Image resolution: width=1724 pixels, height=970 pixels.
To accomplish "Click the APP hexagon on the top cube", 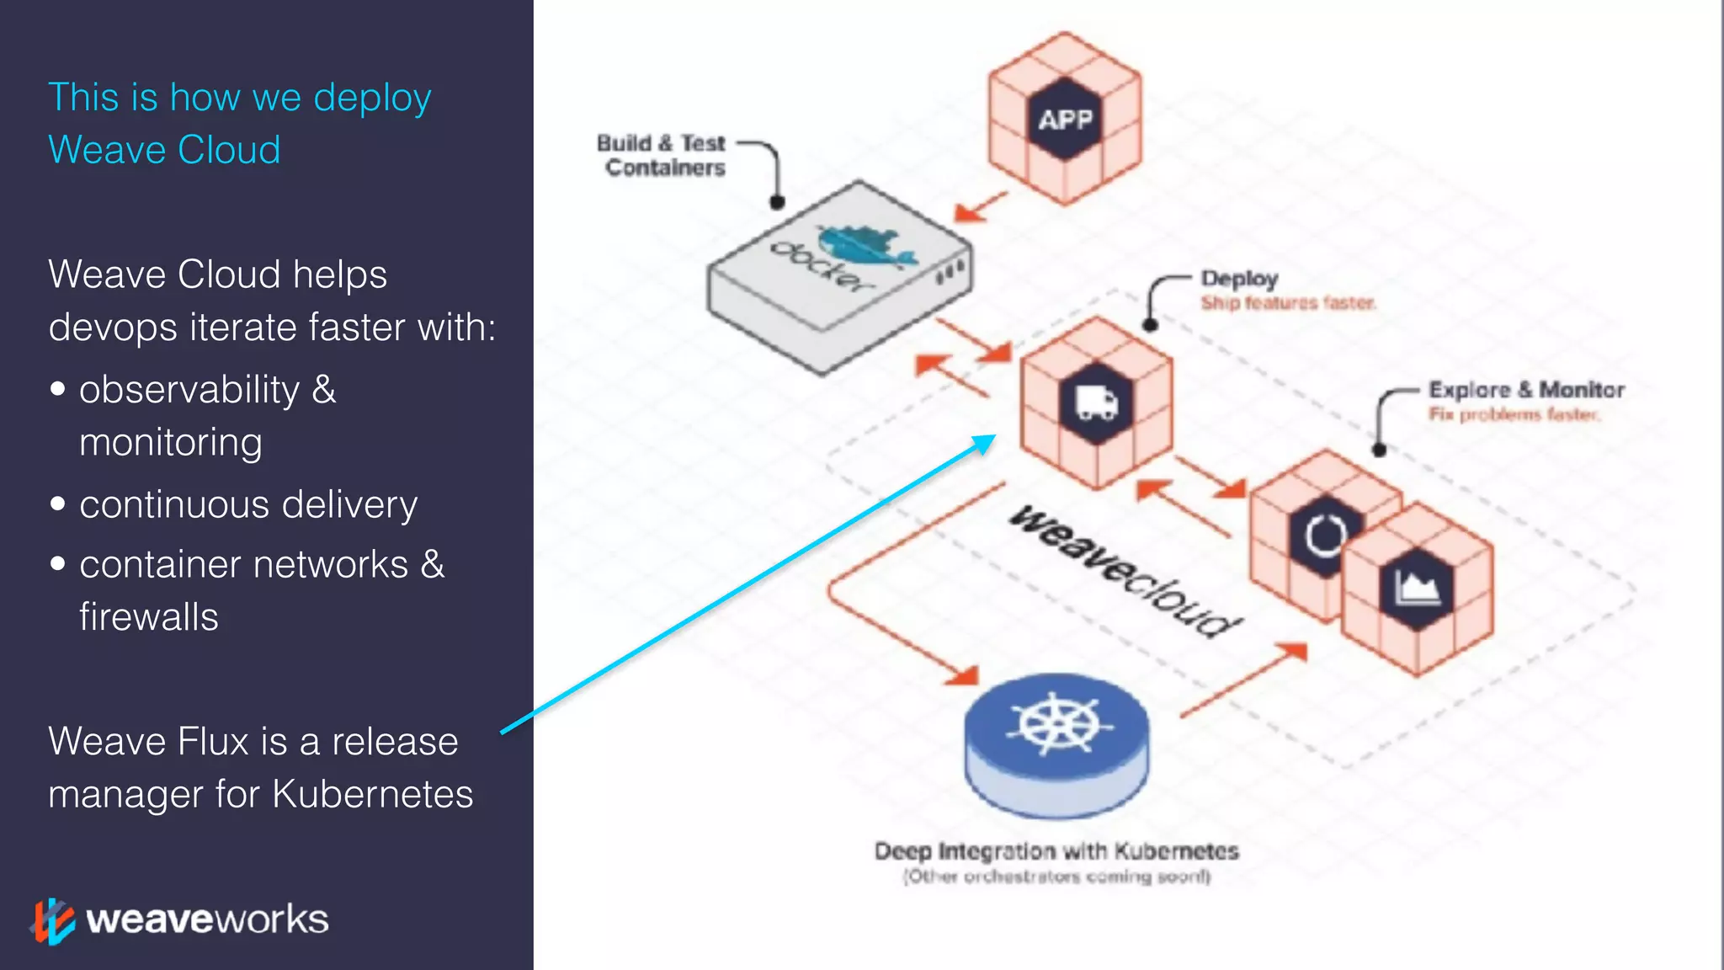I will point(1065,120).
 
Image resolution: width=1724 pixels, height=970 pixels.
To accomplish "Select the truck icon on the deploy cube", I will point(1097,402).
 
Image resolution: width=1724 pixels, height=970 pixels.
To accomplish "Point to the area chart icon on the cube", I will point(1418,588).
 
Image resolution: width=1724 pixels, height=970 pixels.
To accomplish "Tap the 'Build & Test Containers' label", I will point(662,156).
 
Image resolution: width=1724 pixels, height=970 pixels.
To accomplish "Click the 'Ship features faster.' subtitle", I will point(1288,302).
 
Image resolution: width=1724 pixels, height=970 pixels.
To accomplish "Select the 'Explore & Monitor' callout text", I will point(1526,390).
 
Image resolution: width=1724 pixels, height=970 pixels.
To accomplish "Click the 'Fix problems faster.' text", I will point(1514,414).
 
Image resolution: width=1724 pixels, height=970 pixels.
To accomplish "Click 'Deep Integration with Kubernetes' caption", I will point(1056,851).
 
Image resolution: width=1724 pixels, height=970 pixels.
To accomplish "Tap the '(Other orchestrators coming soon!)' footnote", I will point(1056,877).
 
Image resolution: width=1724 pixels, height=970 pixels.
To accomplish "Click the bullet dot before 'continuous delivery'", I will point(57,504).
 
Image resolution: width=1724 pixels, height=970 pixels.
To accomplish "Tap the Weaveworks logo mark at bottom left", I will point(53,920).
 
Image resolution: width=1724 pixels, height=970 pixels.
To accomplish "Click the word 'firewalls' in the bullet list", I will point(149,617).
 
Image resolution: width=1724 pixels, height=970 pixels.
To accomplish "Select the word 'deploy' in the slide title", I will point(372,98).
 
